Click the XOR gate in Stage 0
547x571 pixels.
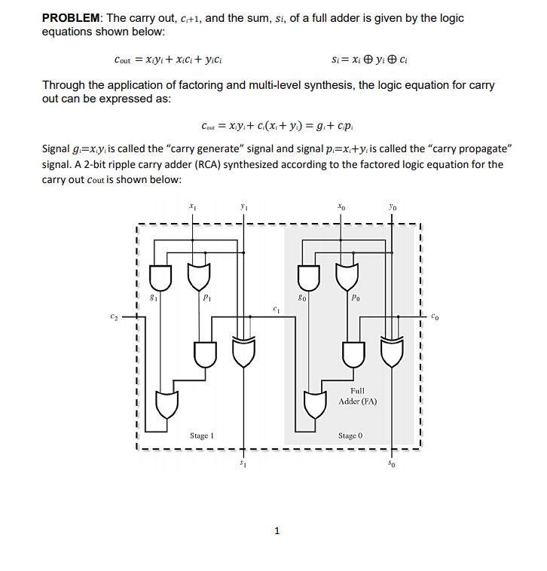click(x=393, y=352)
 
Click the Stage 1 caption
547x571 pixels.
click(x=202, y=435)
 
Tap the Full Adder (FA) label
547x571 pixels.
click(x=357, y=395)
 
